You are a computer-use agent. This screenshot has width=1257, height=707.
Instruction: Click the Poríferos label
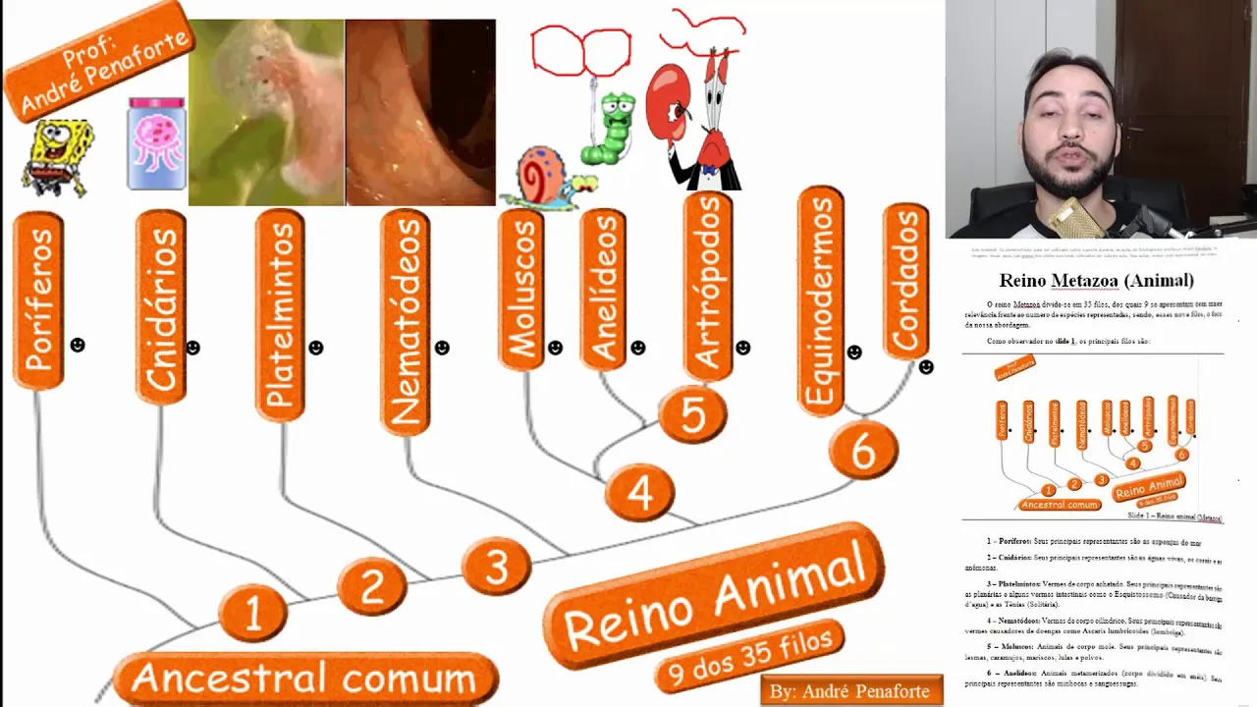click(x=38, y=301)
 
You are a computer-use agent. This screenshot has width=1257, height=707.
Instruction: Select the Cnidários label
click(x=161, y=307)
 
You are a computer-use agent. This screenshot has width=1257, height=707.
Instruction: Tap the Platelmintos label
click(x=281, y=315)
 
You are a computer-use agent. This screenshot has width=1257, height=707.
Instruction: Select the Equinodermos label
click(x=821, y=299)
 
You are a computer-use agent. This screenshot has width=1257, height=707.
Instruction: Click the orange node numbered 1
click(x=252, y=613)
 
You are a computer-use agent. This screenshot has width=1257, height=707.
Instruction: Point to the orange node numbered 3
click(x=496, y=567)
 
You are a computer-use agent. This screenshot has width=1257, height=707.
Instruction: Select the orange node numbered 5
click(x=692, y=414)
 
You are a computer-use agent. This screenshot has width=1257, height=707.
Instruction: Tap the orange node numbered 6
click(x=862, y=451)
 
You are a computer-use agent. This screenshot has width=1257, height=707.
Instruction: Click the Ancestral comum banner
click(x=304, y=678)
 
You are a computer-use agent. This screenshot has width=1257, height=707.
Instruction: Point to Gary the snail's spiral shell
click(x=540, y=175)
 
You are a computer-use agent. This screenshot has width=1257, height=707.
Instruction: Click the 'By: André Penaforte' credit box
click(x=850, y=690)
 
